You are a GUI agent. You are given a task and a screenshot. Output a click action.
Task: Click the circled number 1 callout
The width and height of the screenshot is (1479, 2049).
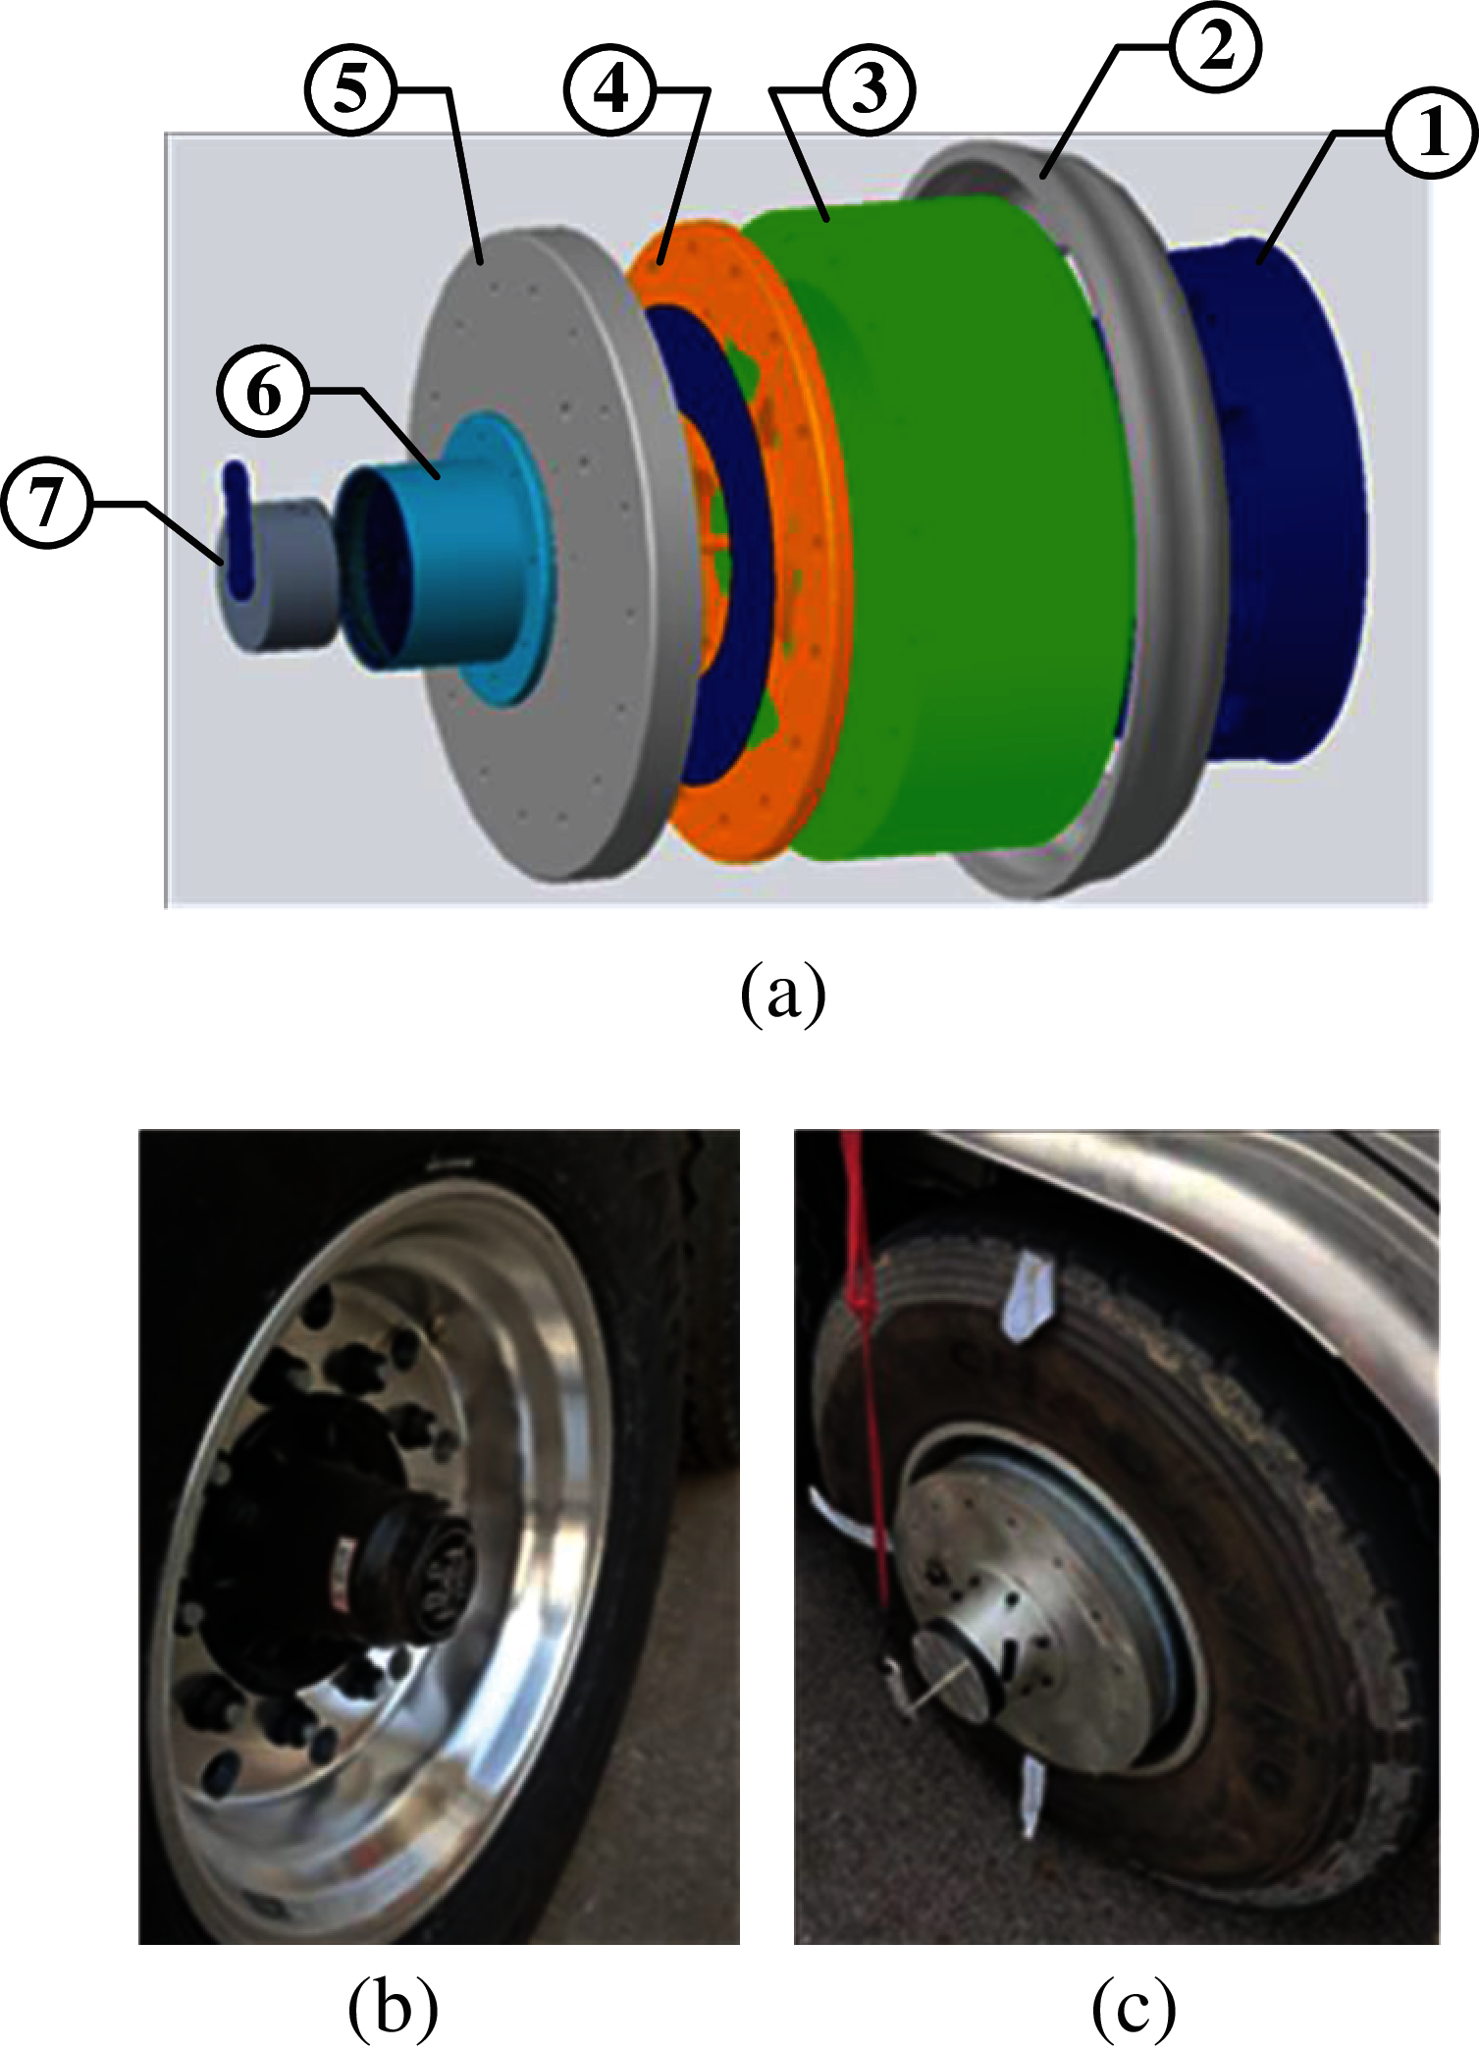pos(1432,134)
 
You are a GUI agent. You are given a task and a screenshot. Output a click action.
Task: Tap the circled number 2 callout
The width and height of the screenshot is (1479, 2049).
pos(1215,47)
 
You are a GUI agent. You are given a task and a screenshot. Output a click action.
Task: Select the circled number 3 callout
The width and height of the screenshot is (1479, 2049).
pos(870,89)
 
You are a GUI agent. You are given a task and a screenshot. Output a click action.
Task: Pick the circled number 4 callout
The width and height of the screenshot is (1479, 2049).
pos(610,89)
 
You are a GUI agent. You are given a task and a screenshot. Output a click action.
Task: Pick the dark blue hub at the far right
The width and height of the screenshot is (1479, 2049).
pos(1276,501)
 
